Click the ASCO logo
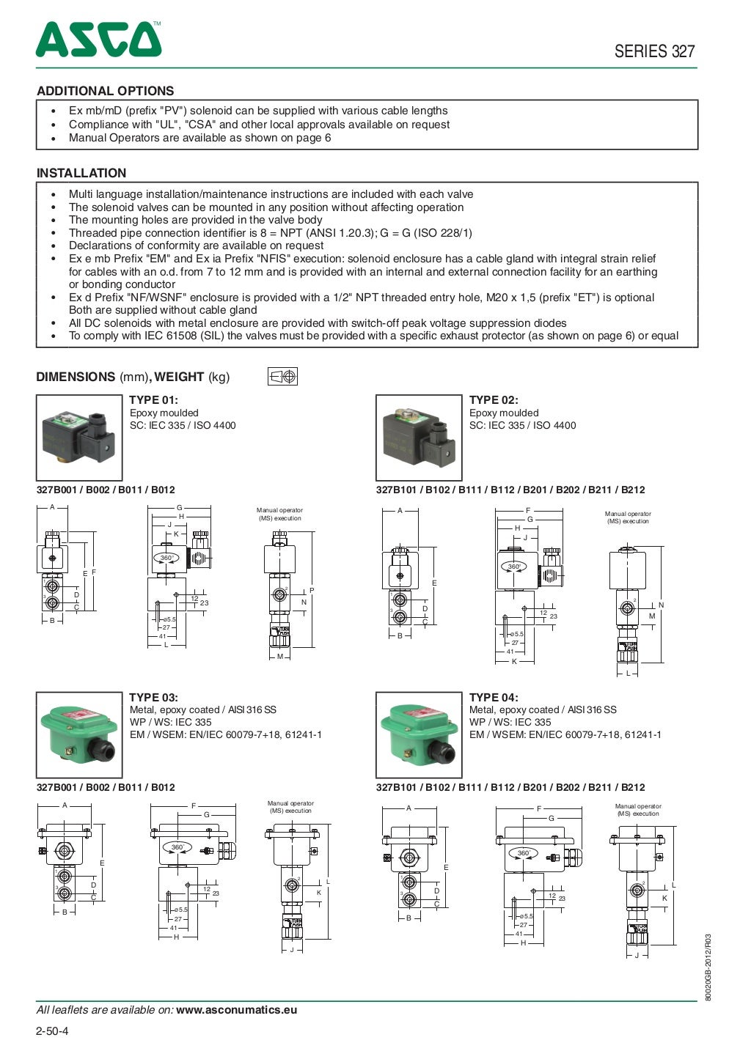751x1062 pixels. (98, 40)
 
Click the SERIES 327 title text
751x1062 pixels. (654, 51)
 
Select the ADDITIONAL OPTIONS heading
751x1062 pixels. (106, 91)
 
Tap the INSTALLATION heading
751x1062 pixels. (81, 173)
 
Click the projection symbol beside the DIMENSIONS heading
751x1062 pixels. (282, 377)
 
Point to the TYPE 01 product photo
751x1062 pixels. (79, 438)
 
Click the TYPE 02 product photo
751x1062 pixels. (419, 438)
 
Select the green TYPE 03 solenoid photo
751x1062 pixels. (79, 734)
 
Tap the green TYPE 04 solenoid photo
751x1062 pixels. (419, 734)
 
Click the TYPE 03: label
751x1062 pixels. (153, 697)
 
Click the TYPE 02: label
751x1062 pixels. (494, 399)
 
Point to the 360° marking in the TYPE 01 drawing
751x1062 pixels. (168, 558)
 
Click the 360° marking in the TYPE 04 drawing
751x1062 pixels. (524, 853)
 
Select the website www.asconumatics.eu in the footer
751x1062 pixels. (237, 1009)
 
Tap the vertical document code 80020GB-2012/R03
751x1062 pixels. (708, 967)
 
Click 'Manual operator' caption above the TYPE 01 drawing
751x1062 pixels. (279, 510)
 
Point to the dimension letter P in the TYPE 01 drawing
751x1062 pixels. (312, 590)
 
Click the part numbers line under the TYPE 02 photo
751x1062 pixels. (510, 490)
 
